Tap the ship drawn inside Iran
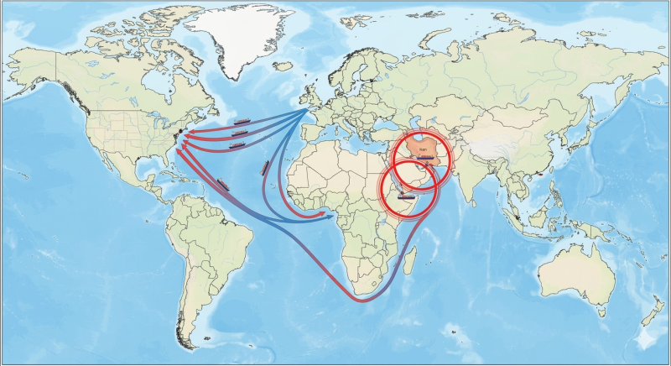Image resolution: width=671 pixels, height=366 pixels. [425, 155]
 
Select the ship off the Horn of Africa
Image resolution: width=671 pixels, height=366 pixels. [405, 196]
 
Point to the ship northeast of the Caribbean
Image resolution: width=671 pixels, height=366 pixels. [223, 184]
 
